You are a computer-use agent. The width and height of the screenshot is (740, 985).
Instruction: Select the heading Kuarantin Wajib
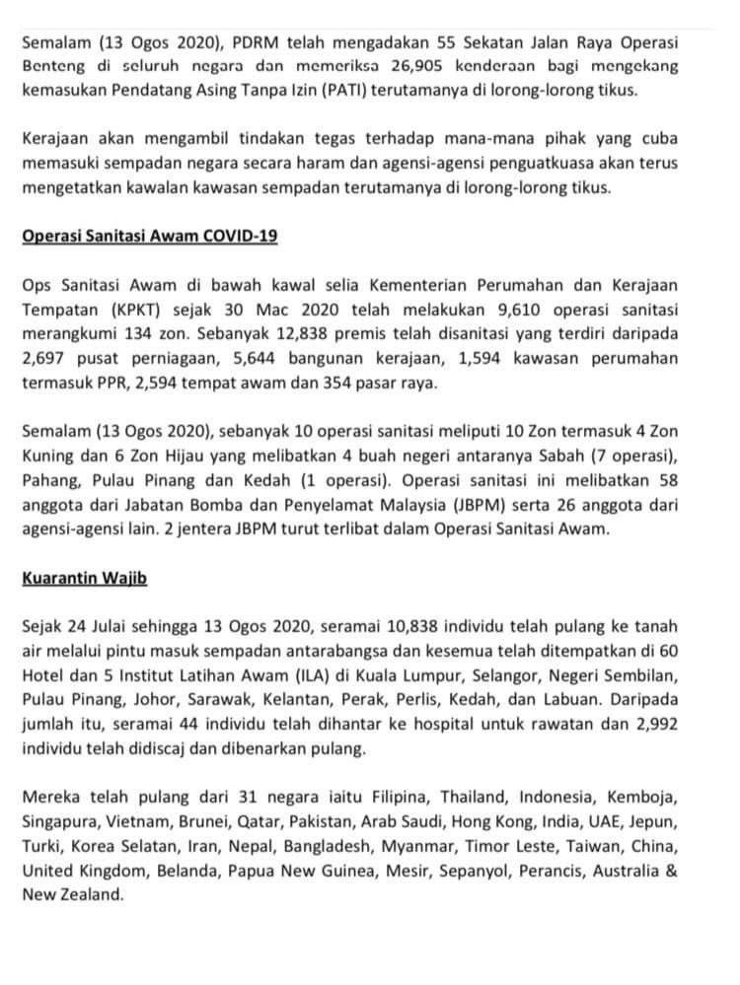coord(84,578)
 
